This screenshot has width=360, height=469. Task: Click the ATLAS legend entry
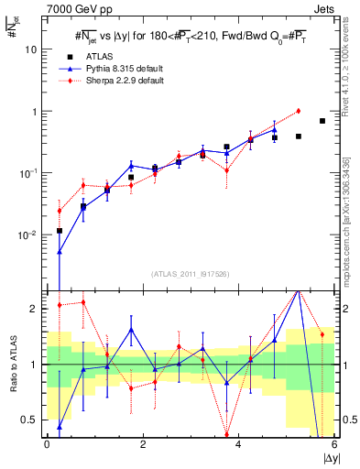click(101, 56)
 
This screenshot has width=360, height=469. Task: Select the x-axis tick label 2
click(143, 445)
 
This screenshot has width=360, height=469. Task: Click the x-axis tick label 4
click(239, 445)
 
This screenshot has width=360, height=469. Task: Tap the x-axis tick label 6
click(334, 445)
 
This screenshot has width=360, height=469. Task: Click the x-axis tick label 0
click(48, 445)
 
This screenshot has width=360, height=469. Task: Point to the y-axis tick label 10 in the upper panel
click(31, 49)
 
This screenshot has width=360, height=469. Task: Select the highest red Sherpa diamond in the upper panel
click(299, 111)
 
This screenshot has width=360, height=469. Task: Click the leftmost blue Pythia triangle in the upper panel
click(60, 251)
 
